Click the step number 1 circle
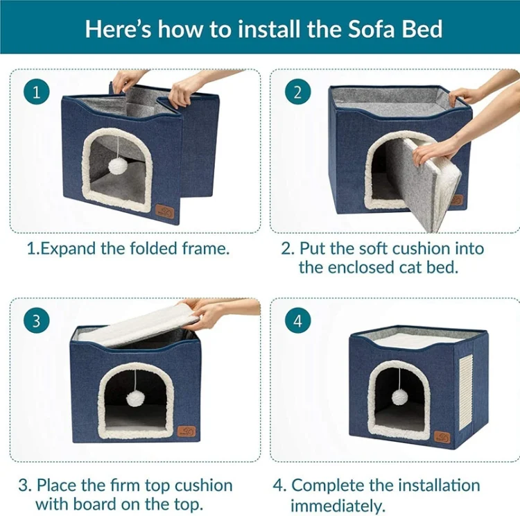(37, 92)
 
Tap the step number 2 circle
(298, 92)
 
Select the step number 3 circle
(37, 321)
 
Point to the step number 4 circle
(298, 321)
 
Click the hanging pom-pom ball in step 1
(118, 166)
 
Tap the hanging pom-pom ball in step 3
(135, 399)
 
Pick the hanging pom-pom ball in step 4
(400, 397)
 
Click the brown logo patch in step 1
(165, 212)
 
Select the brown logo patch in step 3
(187, 431)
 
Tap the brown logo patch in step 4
(442, 436)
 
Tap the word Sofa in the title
(369, 29)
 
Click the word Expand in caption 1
(68, 249)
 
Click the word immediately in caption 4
(338, 505)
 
